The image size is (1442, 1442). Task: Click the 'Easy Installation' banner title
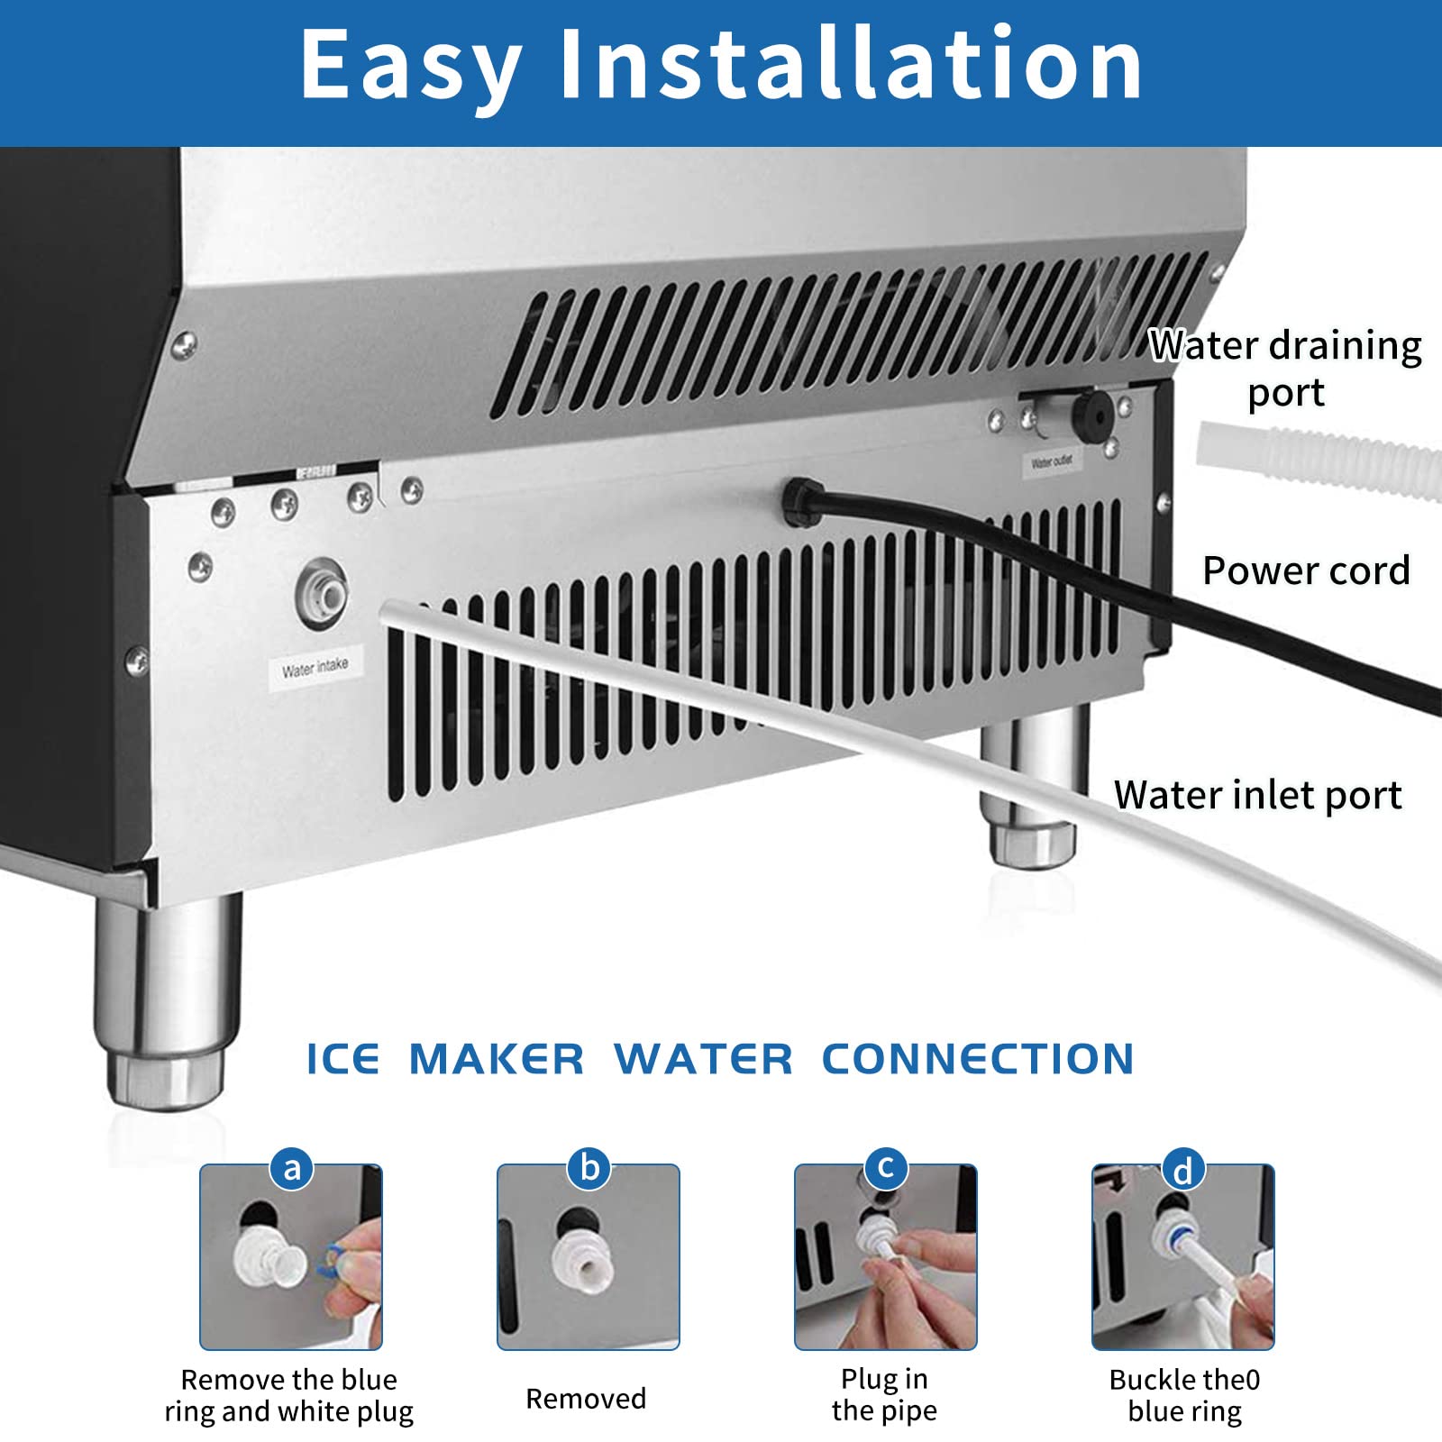point(721,65)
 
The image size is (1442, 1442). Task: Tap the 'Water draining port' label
point(1285,368)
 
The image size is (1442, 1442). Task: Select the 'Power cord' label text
point(1305,570)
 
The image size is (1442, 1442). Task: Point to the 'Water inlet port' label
point(1257,795)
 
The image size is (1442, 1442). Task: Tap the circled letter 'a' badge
point(291,1168)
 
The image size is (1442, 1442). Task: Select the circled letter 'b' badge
point(589,1168)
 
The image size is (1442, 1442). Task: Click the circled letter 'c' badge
point(886,1168)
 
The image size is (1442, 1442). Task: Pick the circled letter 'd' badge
point(1183,1170)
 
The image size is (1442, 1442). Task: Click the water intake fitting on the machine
point(323,594)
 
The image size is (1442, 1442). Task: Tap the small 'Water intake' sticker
point(314,668)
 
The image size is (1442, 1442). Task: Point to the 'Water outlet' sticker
point(1051,462)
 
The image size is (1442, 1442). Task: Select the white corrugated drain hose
point(1316,460)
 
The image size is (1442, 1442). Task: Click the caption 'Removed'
point(586,1398)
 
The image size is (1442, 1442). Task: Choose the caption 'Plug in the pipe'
point(884,1394)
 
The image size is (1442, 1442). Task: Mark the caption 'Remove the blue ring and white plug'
point(288,1395)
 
